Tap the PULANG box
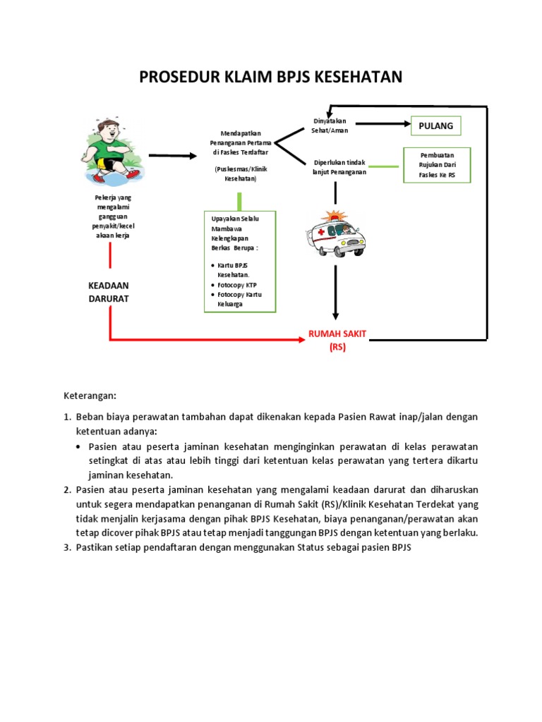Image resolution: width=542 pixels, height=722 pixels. point(435,126)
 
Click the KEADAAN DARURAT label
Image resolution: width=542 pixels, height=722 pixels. point(109,291)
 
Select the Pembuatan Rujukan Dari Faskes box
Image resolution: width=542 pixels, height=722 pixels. point(437,164)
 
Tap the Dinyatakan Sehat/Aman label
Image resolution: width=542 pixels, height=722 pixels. point(330,126)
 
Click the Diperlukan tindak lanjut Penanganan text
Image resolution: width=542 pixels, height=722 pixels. point(339,168)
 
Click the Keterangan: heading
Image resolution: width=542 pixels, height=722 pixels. point(90,396)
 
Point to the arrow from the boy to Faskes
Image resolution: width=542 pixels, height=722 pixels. point(173,155)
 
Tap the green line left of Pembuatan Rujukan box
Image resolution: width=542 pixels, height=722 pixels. point(385,166)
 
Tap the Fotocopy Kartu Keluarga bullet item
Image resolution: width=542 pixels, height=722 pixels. point(239,299)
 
